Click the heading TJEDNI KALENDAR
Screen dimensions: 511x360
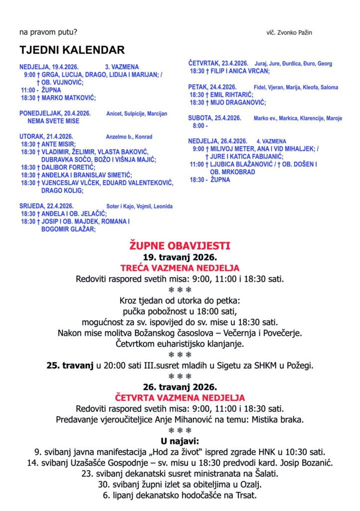click(x=72, y=50)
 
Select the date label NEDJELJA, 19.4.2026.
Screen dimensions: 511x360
click(x=49, y=66)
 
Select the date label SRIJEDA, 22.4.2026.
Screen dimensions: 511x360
click(x=46, y=206)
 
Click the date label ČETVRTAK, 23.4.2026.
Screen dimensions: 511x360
click(x=218, y=63)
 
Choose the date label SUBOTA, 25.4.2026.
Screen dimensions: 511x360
click(x=215, y=118)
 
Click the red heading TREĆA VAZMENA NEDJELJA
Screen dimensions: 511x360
click(x=180, y=268)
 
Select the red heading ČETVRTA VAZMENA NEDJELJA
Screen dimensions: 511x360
click(x=180, y=398)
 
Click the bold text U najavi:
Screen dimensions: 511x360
click(x=180, y=441)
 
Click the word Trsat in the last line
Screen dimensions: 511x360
click(x=247, y=495)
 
